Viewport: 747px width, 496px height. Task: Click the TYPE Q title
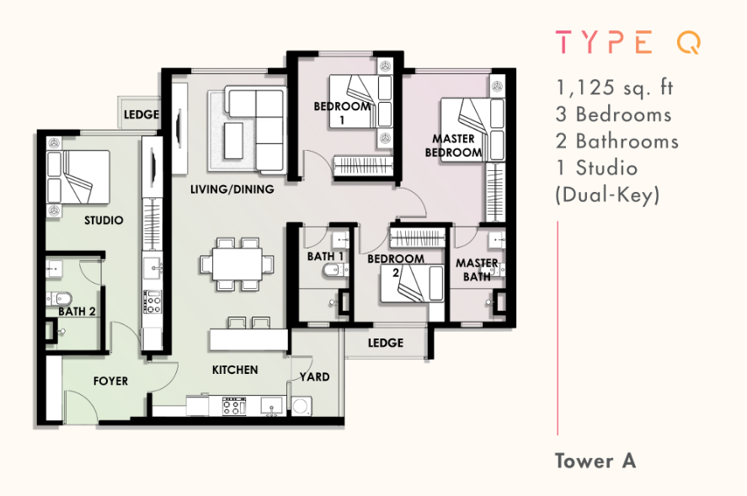coord(628,42)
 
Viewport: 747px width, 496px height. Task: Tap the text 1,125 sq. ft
coord(615,88)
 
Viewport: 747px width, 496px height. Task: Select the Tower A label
coord(595,461)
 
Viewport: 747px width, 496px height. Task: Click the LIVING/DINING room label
coord(232,189)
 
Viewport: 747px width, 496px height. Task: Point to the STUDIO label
coord(104,220)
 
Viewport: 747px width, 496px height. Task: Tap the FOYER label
coord(110,381)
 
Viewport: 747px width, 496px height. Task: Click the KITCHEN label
coord(235,370)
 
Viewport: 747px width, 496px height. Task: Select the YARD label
coord(315,377)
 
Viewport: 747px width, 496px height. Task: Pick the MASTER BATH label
coord(477,269)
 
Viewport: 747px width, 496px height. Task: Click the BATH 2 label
coord(77,312)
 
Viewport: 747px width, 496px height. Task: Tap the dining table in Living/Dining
coord(237,264)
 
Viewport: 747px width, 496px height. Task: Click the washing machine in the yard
coord(301,406)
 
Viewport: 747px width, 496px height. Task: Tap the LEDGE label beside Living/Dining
coord(141,115)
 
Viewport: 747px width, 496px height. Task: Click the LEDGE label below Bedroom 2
coord(386,343)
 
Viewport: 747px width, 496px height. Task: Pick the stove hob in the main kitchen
coord(234,407)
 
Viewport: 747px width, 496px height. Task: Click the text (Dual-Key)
coord(607,195)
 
